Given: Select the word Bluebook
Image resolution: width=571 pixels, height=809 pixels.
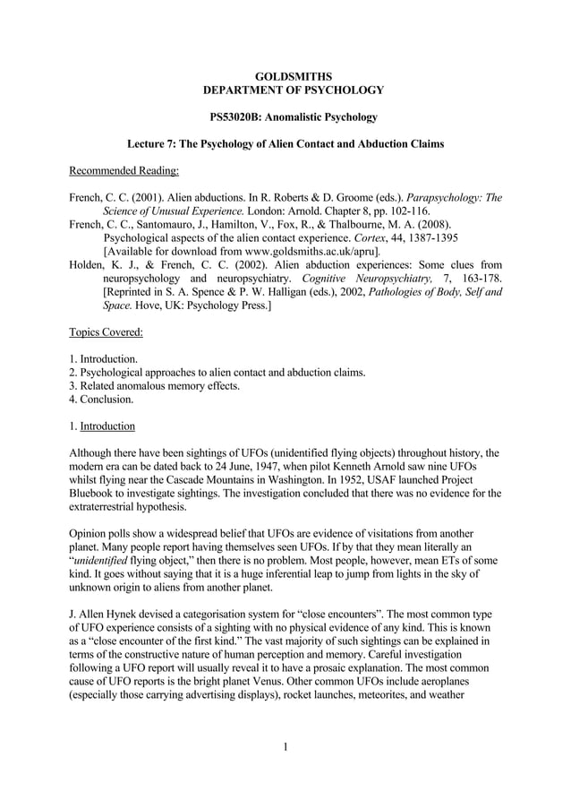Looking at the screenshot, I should (x=94, y=493).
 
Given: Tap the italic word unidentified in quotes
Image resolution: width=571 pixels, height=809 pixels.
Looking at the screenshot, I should (x=108, y=558).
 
